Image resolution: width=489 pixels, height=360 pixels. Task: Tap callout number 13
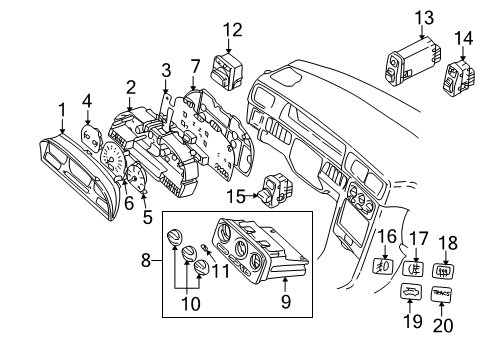coord(396,17)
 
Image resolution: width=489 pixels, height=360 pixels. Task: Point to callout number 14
coord(464,40)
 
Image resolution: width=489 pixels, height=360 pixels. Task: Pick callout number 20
coord(441,325)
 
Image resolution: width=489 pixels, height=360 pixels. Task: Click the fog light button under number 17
coord(413,269)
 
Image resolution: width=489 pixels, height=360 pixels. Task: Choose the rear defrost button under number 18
coord(444,267)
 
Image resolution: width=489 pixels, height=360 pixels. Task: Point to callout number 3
coord(165,70)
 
